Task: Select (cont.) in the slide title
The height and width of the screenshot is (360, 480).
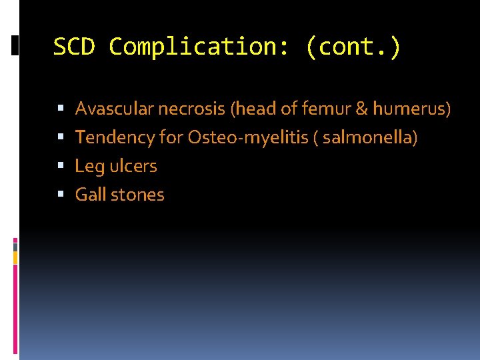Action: [353, 47]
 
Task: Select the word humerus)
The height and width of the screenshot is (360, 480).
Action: [411, 108]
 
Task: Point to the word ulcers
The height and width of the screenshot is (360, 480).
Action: [133, 166]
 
